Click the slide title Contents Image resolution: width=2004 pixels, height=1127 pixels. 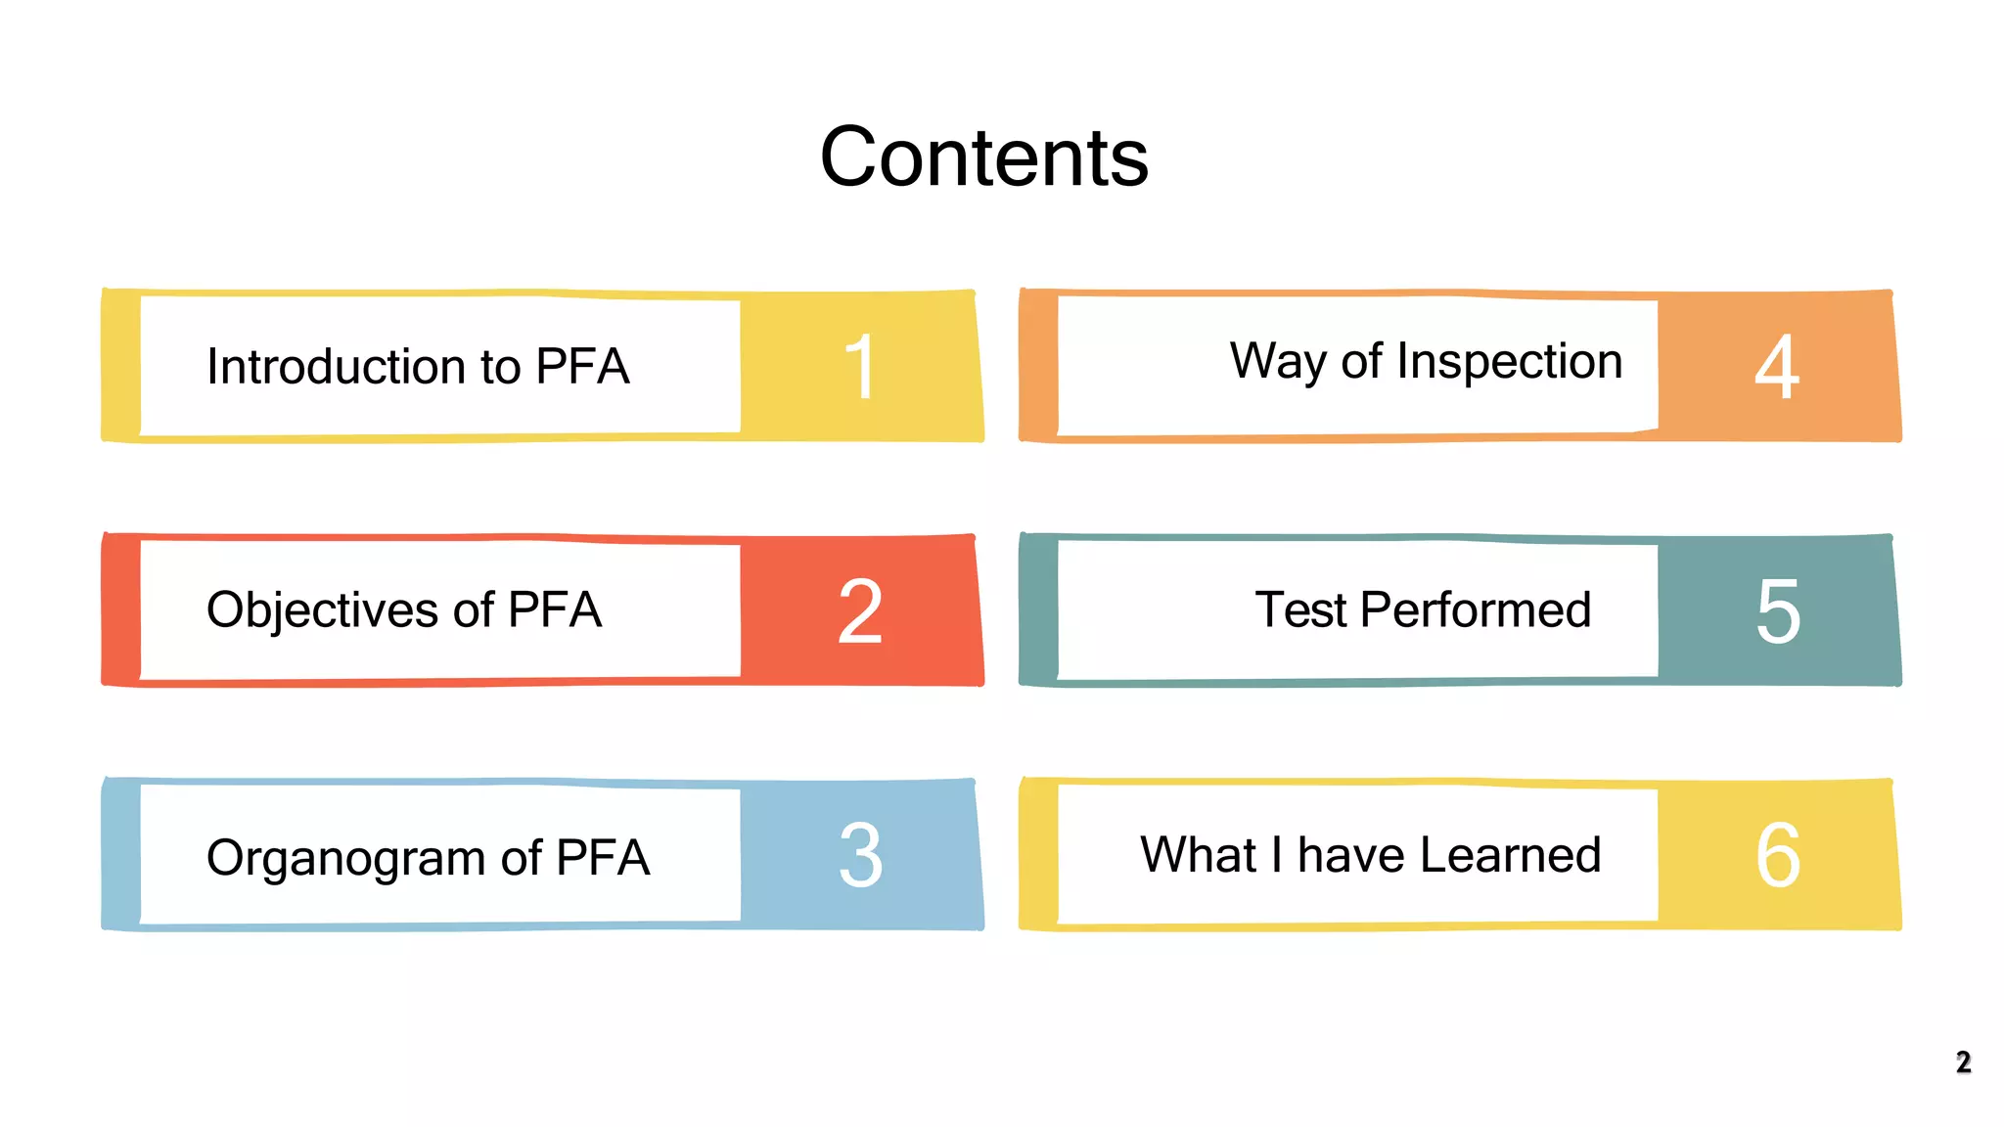click(x=983, y=158)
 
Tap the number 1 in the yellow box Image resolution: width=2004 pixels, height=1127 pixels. click(x=859, y=367)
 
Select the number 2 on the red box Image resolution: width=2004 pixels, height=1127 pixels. click(x=860, y=611)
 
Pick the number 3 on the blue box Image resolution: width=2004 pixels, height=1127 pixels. click(x=860, y=856)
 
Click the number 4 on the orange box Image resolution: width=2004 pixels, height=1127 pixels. click(x=1776, y=367)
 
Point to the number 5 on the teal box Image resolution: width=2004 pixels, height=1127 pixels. click(x=1777, y=611)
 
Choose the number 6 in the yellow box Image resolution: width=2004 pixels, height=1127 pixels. click(x=1777, y=856)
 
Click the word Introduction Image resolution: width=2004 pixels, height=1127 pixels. click(x=336, y=367)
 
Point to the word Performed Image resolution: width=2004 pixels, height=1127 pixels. click(x=1475, y=610)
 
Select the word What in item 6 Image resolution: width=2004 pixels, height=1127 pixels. click(x=1198, y=855)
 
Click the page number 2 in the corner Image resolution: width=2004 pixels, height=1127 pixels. click(x=1963, y=1062)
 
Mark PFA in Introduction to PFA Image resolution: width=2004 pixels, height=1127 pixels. click(x=582, y=367)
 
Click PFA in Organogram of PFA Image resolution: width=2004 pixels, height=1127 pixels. click(x=603, y=858)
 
